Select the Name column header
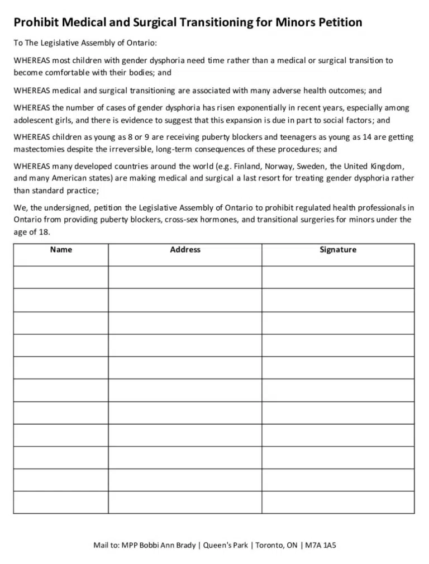(x=61, y=250)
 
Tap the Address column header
(x=185, y=250)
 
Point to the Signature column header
(x=338, y=250)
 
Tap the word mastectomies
(x=37, y=149)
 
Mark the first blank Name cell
(x=61, y=277)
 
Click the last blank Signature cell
(x=338, y=502)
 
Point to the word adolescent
(x=35, y=120)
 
